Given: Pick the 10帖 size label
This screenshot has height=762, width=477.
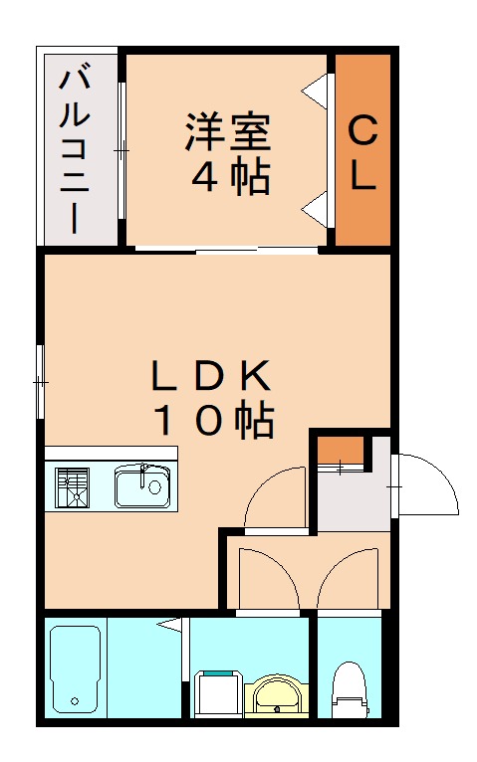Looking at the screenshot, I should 212,421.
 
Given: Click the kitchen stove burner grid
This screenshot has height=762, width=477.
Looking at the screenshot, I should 73,487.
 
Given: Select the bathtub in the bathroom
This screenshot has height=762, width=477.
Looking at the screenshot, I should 75,669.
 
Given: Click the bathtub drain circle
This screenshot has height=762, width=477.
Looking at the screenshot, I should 74,702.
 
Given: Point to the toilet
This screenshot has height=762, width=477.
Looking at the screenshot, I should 349,686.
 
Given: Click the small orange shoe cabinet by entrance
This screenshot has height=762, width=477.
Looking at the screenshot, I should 340,451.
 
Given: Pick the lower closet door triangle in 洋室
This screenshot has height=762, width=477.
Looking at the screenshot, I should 316,208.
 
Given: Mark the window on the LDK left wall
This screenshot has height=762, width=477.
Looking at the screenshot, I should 41,381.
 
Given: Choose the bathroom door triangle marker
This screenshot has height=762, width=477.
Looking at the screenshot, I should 171,625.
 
